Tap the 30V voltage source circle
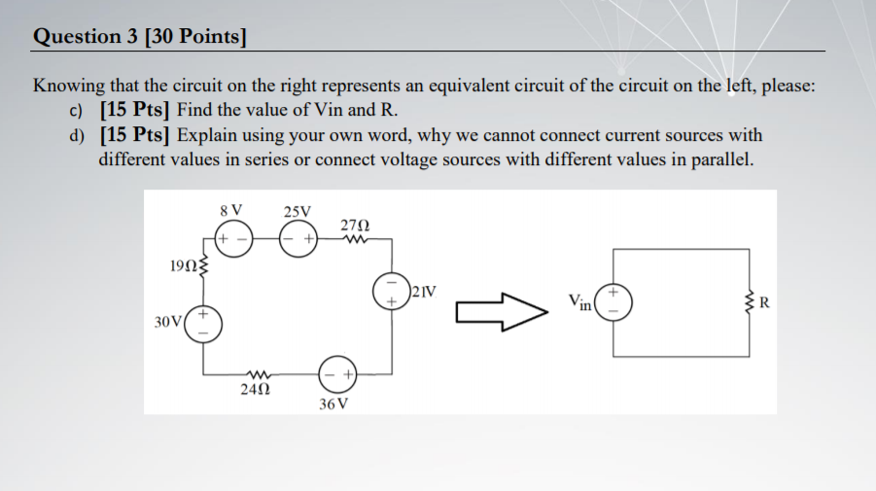(203, 323)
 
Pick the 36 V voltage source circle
(339, 372)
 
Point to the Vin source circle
(613, 300)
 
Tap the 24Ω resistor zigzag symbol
(258, 372)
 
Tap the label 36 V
(333, 403)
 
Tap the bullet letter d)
(77, 136)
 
